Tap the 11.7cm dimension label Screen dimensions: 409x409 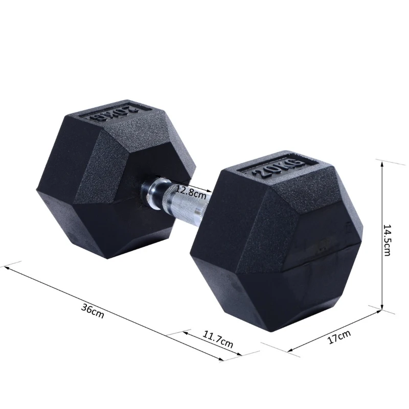(x=218, y=339)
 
